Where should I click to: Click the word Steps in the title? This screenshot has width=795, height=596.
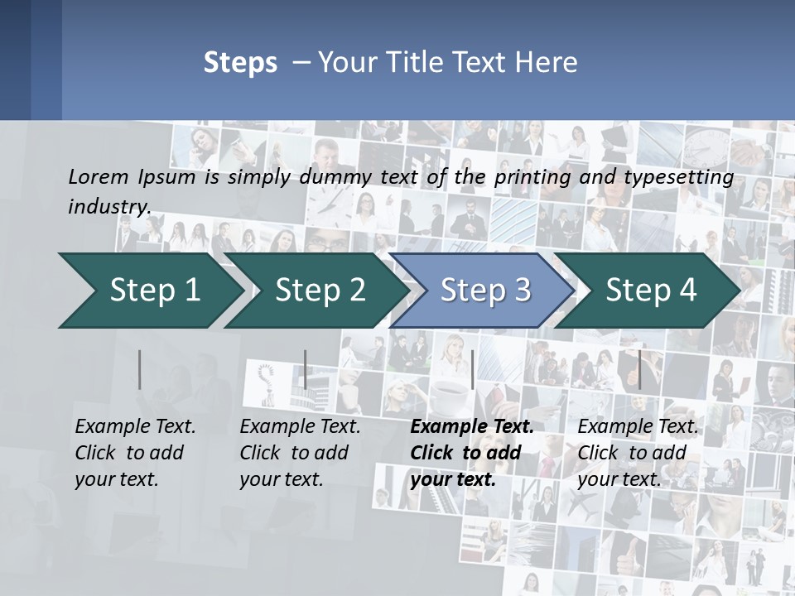(240, 63)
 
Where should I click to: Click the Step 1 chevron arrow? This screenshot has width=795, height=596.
(155, 290)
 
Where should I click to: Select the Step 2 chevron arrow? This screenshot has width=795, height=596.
(320, 290)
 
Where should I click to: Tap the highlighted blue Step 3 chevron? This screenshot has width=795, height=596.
(485, 290)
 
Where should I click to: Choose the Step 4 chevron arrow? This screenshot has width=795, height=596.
(651, 290)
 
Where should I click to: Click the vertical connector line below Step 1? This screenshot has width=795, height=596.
(140, 369)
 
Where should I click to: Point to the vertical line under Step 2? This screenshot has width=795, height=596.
(306, 369)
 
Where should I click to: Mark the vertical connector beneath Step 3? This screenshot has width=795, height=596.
(472, 369)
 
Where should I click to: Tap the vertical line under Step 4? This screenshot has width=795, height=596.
(639, 369)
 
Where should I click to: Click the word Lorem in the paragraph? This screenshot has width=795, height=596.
(98, 176)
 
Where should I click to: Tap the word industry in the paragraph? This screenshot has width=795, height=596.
(108, 207)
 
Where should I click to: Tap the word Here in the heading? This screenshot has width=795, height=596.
(547, 63)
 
